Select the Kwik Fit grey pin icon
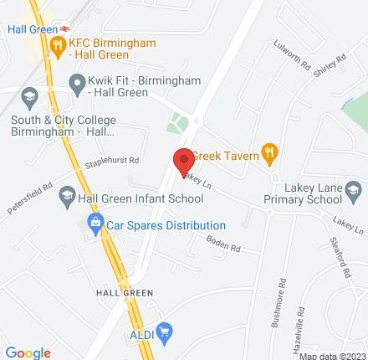pyautogui.click(x=77, y=82)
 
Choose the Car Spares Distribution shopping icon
pyautogui.click(x=95, y=224)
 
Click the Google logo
pyautogui.click(x=28, y=352)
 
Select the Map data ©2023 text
pyautogui.click(x=332, y=355)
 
